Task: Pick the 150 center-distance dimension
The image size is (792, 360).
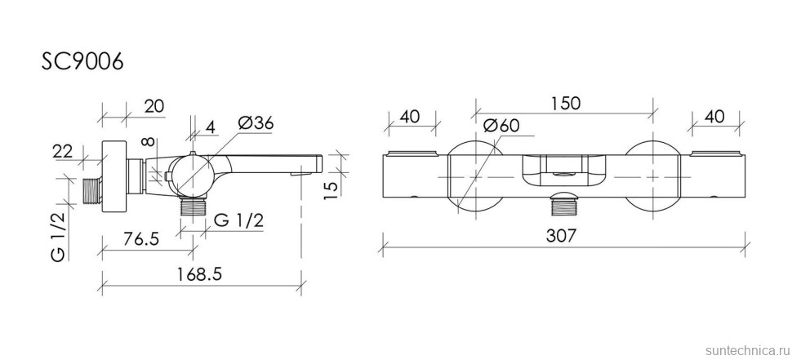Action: pyautogui.click(x=565, y=104)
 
